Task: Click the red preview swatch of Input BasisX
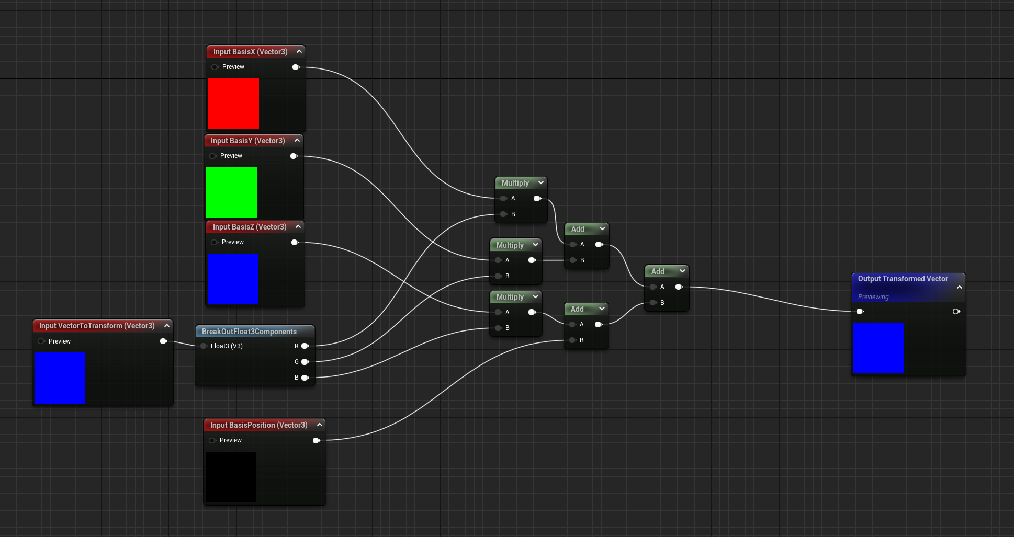point(233,104)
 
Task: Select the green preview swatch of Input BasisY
point(231,192)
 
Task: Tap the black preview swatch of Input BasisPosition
point(231,477)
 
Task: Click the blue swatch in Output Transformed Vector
point(878,348)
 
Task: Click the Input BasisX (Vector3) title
point(250,52)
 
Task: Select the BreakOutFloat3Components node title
point(249,332)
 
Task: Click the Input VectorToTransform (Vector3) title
point(97,326)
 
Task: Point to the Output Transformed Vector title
point(903,279)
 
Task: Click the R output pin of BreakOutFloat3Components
point(305,346)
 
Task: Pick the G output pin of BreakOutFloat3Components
point(305,362)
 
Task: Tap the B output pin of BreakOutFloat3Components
point(305,378)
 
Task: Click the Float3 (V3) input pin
point(204,346)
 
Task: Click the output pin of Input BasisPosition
point(316,440)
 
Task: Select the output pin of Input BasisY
point(294,156)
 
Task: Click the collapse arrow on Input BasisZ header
point(298,226)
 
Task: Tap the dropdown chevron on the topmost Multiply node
point(541,182)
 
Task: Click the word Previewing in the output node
point(873,297)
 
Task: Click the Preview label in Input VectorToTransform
point(60,341)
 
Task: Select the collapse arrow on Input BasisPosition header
point(320,425)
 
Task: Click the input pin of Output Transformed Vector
point(860,312)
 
